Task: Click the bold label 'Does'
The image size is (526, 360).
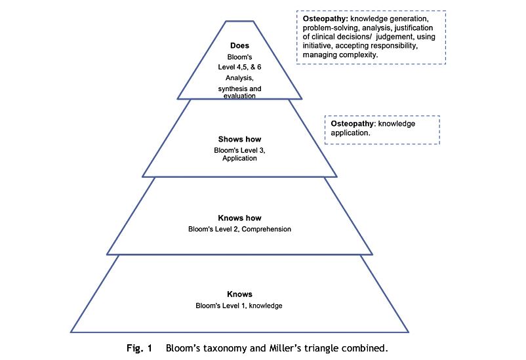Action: pyautogui.click(x=239, y=45)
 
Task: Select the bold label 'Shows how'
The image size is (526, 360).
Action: pyautogui.click(x=239, y=139)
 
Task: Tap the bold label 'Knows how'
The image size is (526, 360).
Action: pyautogui.click(x=239, y=218)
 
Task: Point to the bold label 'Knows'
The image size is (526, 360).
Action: pyautogui.click(x=239, y=294)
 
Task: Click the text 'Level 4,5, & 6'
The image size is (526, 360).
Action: pyautogui.click(x=239, y=66)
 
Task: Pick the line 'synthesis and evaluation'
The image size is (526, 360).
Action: pyautogui.click(x=239, y=91)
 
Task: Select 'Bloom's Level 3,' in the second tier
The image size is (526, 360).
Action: pyautogui.click(x=239, y=150)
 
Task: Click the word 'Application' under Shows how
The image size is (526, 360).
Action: pyautogui.click(x=239, y=159)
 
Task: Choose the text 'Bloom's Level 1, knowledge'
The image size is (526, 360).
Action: pyautogui.click(x=239, y=306)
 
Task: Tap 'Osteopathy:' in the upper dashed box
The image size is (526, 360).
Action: pyautogui.click(x=325, y=20)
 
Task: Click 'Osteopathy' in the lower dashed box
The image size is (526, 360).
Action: pyautogui.click(x=351, y=123)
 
